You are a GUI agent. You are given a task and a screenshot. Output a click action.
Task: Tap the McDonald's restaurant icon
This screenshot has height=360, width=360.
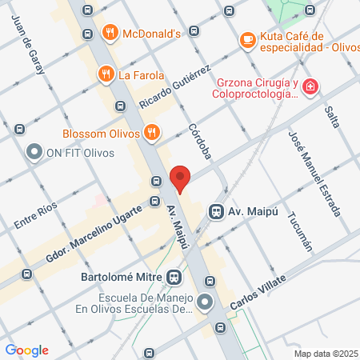(x=110, y=33)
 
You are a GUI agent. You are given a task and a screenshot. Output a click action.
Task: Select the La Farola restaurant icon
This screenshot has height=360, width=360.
(x=105, y=75)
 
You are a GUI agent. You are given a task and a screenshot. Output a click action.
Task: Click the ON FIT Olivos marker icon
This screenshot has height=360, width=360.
(x=34, y=151)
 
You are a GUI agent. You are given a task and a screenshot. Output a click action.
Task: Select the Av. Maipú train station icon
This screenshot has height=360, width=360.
(x=215, y=211)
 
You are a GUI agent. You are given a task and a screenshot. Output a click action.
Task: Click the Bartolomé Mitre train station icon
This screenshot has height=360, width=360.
(x=174, y=278)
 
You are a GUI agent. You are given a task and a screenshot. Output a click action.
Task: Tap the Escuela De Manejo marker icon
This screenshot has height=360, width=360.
(x=206, y=302)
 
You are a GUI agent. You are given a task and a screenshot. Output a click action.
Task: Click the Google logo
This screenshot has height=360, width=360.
(x=27, y=350)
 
